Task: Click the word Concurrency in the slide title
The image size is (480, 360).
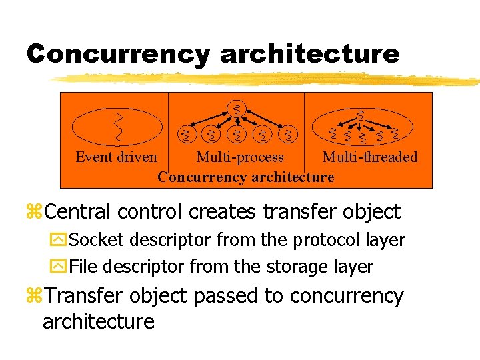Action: coord(117,53)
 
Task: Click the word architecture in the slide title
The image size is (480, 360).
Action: coord(310,53)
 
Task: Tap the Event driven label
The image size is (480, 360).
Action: coord(116,157)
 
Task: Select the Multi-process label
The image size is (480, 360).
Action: coord(240,157)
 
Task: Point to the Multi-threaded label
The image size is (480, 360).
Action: coord(370,157)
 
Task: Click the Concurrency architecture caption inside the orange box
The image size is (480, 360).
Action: coord(246,177)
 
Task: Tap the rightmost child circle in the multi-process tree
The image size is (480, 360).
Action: coord(288,135)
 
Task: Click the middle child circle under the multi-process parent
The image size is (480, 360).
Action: coord(236,135)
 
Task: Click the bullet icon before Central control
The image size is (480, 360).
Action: coord(34,213)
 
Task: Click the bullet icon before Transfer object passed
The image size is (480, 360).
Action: coord(34,296)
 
